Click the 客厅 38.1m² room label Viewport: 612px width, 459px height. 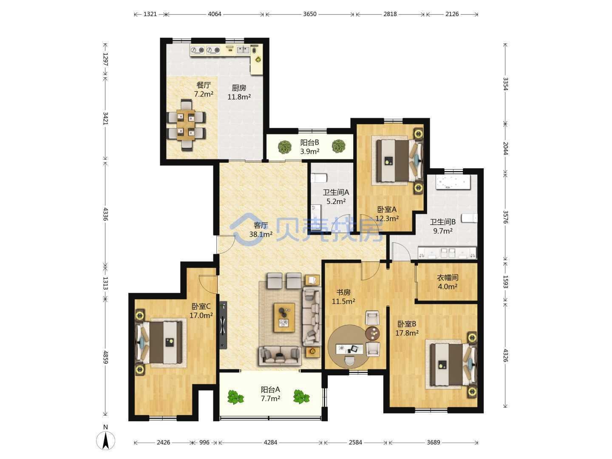click(x=261, y=229)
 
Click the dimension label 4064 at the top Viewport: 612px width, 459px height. click(x=214, y=14)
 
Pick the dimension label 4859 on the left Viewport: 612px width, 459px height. click(x=106, y=357)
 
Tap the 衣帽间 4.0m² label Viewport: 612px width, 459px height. click(x=448, y=282)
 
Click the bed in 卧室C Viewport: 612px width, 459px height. click(x=159, y=343)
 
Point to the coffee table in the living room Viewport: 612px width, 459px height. click(x=284, y=317)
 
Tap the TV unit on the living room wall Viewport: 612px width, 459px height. click(x=223, y=325)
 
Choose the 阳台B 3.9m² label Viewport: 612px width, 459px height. click(x=309, y=147)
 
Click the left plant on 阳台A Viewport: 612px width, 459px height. click(x=235, y=397)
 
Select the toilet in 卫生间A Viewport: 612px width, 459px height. click(x=319, y=178)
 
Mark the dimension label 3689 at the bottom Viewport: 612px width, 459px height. click(x=433, y=442)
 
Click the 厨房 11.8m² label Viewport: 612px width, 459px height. click(x=239, y=92)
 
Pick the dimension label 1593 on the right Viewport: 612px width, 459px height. click(x=506, y=282)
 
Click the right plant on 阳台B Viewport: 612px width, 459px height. click(x=338, y=146)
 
